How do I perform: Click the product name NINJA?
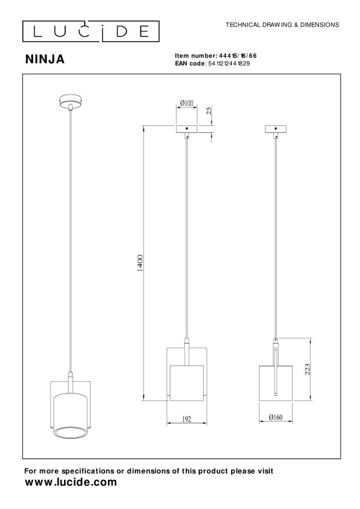[45, 59]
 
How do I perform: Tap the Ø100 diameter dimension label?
[186, 103]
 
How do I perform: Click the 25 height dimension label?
[209, 110]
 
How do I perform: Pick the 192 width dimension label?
[186, 419]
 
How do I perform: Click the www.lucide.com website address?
[70, 482]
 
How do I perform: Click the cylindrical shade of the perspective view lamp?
[70, 415]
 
